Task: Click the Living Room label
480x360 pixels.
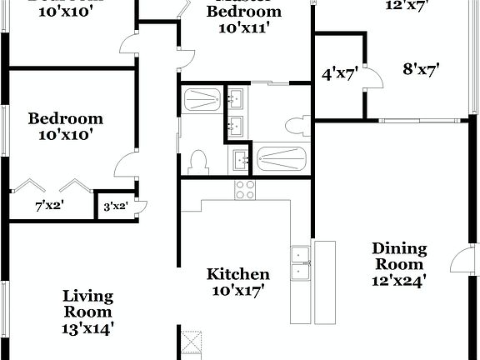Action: (x=87, y=304)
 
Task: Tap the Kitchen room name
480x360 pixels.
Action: (x=238, y=274)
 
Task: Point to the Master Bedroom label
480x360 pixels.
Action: (x=244, y=12)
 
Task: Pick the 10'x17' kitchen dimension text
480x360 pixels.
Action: (x=238, y=291)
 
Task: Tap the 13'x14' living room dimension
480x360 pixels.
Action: (x=87, y=328)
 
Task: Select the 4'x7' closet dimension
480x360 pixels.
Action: (x=340, y=73)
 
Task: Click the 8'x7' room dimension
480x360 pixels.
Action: (x=422, y=69)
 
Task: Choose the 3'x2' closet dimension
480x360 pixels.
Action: (x=115, y=206)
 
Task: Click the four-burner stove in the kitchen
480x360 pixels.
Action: (x=244, y=190)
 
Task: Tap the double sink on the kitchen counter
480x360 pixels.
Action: (x=300, y=262)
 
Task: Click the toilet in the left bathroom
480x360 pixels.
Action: (x=197, y=160)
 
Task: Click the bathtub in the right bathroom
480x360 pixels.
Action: (x=282, y=157)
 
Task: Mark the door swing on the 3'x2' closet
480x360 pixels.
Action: (x=141, y=207)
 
